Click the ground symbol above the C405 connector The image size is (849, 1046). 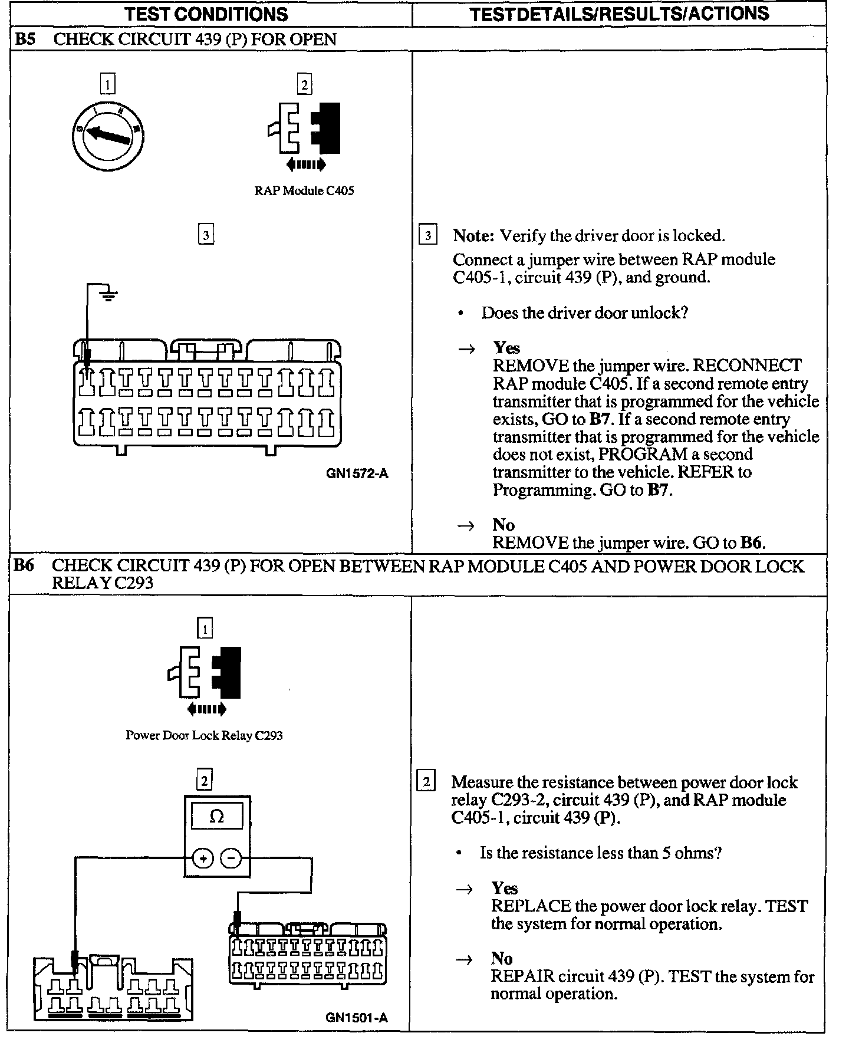click(108, 293)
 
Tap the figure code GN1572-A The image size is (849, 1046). click(357, 473)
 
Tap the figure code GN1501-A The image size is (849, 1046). click(357, 1017)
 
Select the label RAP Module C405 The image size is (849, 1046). click(304, 190)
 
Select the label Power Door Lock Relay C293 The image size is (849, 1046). click(204, 735)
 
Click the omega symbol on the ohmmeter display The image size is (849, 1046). click(217, 817)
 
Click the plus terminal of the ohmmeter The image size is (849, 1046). click(203, 859)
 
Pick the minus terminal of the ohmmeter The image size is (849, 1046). click(231, 859)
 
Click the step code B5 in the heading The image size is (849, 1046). click(24, 40)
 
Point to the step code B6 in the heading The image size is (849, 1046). click(24, 565)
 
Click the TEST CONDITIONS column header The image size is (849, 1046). click(206, 14)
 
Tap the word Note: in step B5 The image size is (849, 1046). click(473, 236)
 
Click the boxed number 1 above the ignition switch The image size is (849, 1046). click(107, 84)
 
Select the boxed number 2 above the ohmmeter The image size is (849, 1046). click(204, 781)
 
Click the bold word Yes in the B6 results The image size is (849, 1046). click(504, 888)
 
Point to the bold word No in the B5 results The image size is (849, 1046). click(504, 525)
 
